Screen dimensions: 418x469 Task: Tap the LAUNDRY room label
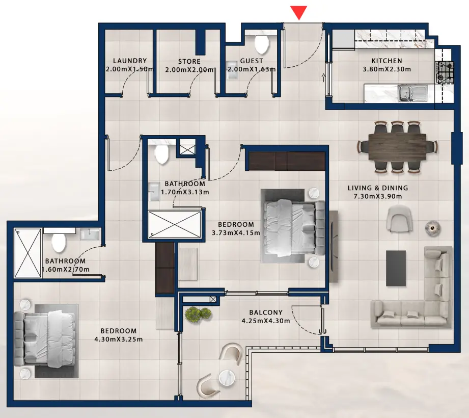point(130,61)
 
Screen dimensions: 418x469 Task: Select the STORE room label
point(189,61)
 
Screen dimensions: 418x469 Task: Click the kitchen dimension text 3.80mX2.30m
point(387,69)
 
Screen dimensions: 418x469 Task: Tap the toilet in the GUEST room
point(262,45)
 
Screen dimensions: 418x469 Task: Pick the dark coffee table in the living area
point(396,268)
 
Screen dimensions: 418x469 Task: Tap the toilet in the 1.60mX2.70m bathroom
point(59,243)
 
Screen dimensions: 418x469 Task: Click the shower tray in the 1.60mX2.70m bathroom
point(27,253)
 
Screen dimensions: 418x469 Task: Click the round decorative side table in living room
point(433,226)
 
